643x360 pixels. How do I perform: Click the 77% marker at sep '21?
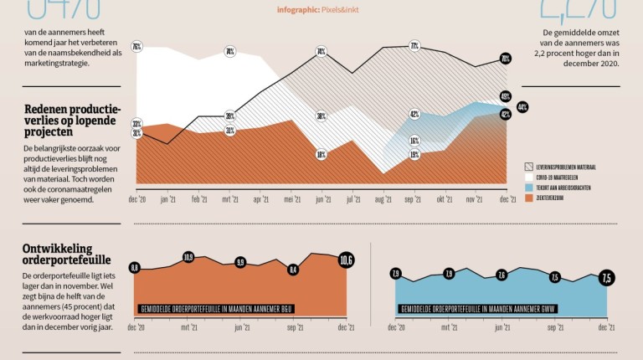point(414,46)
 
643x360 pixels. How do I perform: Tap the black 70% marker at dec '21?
point(506,59)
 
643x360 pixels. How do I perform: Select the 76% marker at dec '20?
point(136,46)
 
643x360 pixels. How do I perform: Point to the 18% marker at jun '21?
point(321,155)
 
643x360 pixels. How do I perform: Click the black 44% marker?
point(522,107)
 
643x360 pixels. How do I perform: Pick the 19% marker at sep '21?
point(414,155)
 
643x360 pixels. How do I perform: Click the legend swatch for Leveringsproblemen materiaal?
point(529,167)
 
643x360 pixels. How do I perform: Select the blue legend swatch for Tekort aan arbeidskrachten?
point(529,188)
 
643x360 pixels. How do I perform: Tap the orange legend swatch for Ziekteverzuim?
point(529,198)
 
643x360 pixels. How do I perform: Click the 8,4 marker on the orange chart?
point(293,269)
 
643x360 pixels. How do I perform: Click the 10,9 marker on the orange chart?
point(188,257)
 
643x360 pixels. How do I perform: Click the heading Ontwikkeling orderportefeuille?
point(67,255)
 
